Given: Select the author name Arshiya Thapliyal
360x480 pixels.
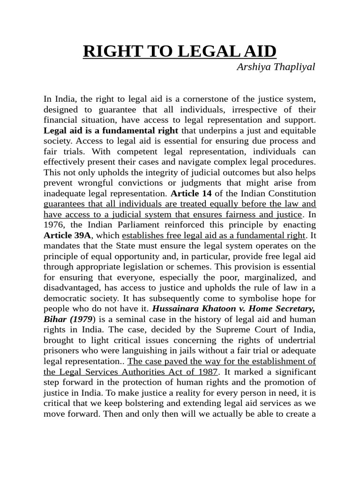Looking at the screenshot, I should click(x=276, y=67).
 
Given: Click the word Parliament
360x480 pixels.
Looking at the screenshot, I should click(x=138, y=224).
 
